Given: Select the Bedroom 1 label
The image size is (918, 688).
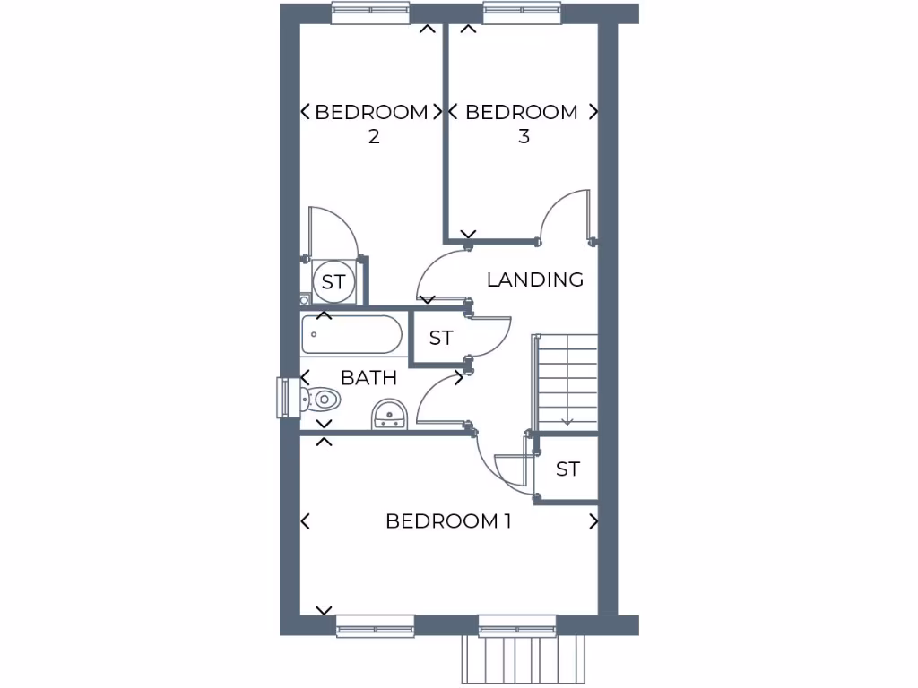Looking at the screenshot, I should click(x=448, y=520).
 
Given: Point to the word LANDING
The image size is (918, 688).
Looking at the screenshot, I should click(x=535, y=279).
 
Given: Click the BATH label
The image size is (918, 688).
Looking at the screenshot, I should click(x=368, y=377).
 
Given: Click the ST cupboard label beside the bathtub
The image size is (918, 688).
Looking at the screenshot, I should click(x=440, y=338).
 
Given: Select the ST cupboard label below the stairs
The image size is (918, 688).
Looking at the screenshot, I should click(x=567, y=469).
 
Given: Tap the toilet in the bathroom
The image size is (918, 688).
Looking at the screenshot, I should click(x=318, y=398).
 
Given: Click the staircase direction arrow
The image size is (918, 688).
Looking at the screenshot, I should click(x=567, y=419).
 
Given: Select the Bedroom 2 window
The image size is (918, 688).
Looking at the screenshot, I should click(x=370, y=13).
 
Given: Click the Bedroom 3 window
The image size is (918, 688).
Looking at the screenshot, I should click(x=522, y=13).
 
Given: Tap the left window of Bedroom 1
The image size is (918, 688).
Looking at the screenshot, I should click(x=375, y=625).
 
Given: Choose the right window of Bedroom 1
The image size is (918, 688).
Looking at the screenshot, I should click(x=517, y=625).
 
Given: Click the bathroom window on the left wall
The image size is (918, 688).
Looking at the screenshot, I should click(x=287, y=398).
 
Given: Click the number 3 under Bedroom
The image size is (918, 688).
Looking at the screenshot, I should click(x=524, y=136).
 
